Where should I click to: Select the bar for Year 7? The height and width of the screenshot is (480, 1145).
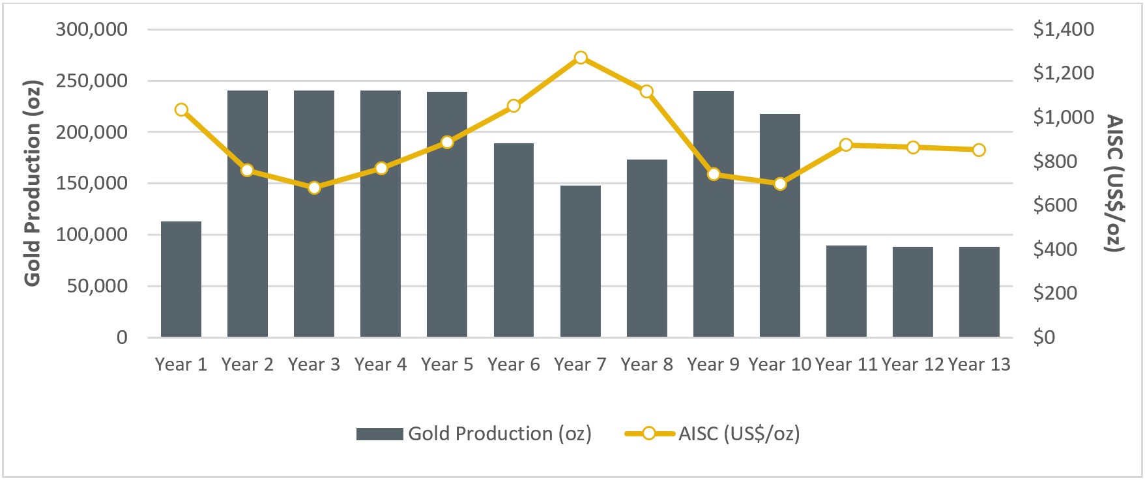[x=580, y=261]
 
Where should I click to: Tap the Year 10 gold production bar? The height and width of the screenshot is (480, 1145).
[x=780, y=225]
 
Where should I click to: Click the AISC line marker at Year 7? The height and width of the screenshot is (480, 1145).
[x=581, y=58]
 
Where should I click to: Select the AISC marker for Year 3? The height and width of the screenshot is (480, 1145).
[x=314, y=188]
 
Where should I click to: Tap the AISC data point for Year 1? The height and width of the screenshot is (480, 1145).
[x=181, y=109]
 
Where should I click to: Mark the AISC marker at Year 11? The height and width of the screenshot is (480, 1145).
[x=846, y=145]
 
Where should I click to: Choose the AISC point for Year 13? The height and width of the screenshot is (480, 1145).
[x=979, y=150]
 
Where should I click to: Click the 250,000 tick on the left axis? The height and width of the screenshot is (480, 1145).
[x=91, y=81]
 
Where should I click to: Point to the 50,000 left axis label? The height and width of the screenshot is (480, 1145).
[x=97, y=286]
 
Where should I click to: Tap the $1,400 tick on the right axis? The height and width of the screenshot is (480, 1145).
[x=1064, y=29]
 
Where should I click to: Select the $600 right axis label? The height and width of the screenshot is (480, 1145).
[x=1055, y=205]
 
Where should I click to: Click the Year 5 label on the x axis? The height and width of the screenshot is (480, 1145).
[x=447, y=365]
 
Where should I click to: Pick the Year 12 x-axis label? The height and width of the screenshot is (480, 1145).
[x=912, y=365]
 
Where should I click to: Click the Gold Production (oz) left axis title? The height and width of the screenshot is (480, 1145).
[x=33, y=183]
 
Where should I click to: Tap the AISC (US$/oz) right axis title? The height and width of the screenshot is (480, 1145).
[x=1116, y=183]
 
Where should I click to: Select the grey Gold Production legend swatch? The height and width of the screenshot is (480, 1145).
[x=379, y=434]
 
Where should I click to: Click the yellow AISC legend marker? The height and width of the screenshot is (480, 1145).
[x=649, y=434]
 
